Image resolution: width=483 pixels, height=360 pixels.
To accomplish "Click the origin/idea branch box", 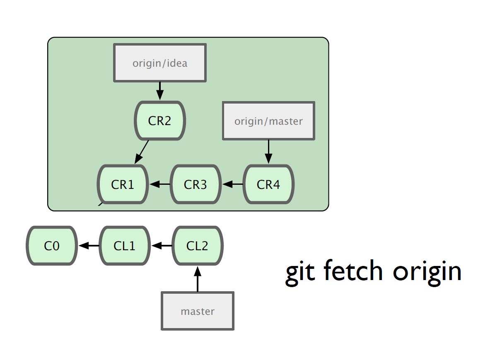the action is pos(160,63).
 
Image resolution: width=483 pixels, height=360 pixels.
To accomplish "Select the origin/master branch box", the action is pos(268,121).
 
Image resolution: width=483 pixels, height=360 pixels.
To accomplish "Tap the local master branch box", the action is pos(198,311).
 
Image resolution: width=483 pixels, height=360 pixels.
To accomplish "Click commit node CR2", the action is pos(160,121).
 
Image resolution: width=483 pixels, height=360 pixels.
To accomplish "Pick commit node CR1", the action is pos(123,184).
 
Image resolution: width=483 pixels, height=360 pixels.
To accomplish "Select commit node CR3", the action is pos(196,184).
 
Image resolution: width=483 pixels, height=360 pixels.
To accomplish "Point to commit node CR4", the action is pos(268,184).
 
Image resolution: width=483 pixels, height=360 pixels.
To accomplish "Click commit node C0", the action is pos(52,246).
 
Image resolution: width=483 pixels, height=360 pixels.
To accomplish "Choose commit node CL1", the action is pos(125,246).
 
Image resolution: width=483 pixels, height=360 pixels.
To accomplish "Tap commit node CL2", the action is pos(198,246).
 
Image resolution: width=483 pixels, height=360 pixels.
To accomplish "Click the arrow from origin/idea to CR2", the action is pos(160,91).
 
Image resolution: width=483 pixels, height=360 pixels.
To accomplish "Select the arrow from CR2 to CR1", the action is pos(142,152).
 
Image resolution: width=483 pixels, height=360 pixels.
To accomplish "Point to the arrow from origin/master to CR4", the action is pos(268,152).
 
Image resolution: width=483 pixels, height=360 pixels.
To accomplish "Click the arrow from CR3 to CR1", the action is pos(160,184).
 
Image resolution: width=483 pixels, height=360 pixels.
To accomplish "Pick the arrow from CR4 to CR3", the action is pos(232,184).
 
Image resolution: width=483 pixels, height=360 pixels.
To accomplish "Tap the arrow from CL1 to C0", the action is pos(89,246).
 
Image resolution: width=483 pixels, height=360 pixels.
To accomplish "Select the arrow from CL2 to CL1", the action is pos(162,246).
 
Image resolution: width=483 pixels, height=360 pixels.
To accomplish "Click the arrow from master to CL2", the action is pos(198,279).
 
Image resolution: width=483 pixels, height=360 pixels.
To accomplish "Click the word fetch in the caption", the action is pos(353,271).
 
